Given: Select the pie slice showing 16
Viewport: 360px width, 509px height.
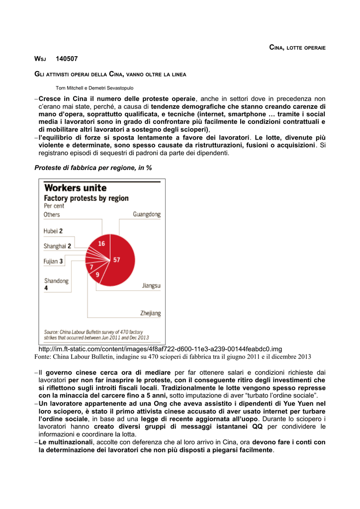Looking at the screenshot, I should [x=101, y=244].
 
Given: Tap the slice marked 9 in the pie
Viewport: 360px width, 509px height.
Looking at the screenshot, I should [x=97, y=274].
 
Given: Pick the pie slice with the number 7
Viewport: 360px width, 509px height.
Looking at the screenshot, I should [x=91, y=267].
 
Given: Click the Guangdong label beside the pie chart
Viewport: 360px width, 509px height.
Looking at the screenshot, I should [x=147, y=214].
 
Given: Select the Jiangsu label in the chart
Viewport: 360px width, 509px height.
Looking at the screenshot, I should [x=151, y=286].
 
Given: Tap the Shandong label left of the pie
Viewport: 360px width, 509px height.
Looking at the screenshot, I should [x=56, y=281].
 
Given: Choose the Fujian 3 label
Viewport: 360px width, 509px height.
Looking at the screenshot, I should [x=53, y=261].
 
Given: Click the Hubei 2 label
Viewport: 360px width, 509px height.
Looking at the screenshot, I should [x=53, y=231].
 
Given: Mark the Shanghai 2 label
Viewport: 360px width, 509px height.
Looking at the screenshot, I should [x=58, y=246].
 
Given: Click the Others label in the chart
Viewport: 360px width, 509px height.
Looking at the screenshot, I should [x=52, y=215].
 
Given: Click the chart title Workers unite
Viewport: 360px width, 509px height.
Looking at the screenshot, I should [x=76, y=188].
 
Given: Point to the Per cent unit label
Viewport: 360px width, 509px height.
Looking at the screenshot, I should [x=54, y=205].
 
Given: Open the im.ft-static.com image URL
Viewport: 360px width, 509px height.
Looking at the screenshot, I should [x=160, y=349].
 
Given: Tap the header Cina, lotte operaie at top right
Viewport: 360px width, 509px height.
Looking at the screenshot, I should [x=297, y=47].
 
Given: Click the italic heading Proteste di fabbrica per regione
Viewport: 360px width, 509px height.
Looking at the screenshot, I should [x=93, y=168].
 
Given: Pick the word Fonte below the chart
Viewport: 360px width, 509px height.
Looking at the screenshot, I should [x=43, y=357].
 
